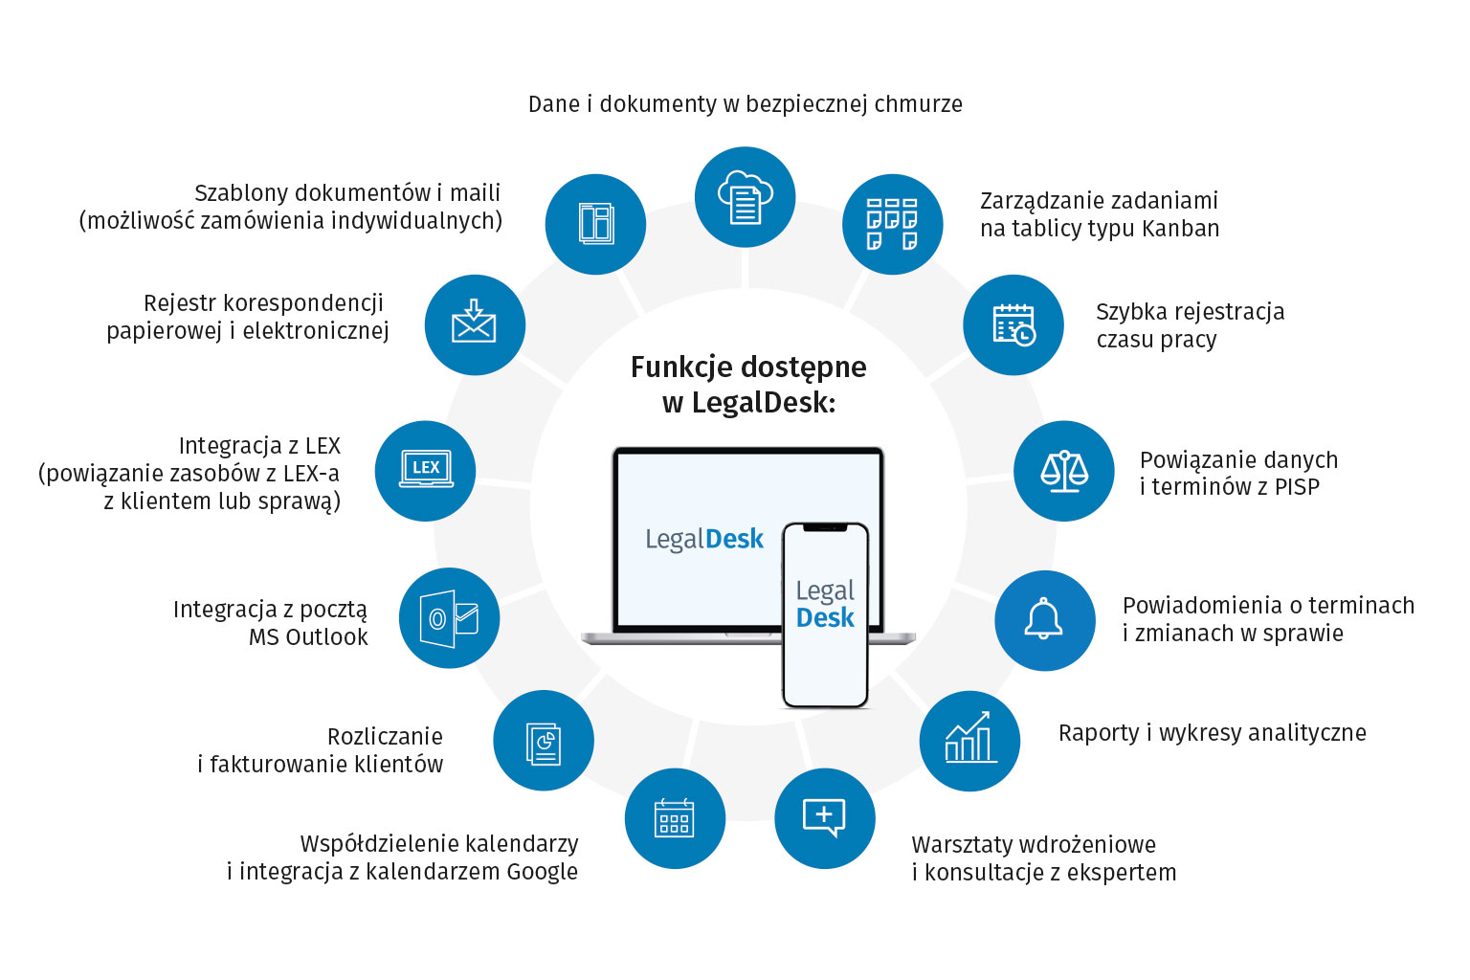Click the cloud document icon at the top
tap(745, 197)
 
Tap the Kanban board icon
tap(892, 224)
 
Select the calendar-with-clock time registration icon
tap(1013, 325)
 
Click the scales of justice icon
tap(1063, 471)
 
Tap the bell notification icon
tap(1044, 620)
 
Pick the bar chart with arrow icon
tap(969, 740)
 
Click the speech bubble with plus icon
tap(824, 818)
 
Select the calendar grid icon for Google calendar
tap(675, 818)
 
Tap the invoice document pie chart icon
tap(544, 741)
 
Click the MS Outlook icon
tap(449, 618)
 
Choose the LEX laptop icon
tap(425, 470)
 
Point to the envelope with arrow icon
tap(475, 324)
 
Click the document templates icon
tap(595, 224)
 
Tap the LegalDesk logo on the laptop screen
tap(704, 540)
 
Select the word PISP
tap(1297, 487)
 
